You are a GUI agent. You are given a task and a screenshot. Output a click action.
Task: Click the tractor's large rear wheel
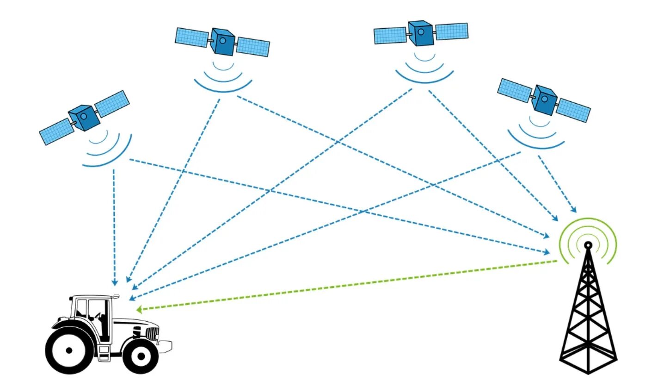69,350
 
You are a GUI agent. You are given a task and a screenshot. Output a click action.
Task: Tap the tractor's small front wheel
141,356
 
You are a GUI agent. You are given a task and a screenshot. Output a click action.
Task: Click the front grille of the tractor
153,333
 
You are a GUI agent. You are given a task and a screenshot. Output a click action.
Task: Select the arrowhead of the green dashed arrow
139,309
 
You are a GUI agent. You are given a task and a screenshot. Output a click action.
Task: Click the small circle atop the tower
588,244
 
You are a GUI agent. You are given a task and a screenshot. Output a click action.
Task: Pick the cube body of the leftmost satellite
84,118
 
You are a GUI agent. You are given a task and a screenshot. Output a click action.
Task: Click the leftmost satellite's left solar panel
55,131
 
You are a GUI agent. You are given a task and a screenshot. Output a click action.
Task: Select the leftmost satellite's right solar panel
112,103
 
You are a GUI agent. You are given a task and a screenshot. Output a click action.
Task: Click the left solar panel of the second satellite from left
192,37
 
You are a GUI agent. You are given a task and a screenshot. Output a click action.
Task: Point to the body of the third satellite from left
421,33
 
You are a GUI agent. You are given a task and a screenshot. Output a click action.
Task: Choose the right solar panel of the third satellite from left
451,31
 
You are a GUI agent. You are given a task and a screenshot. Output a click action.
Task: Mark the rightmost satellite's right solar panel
573,110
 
